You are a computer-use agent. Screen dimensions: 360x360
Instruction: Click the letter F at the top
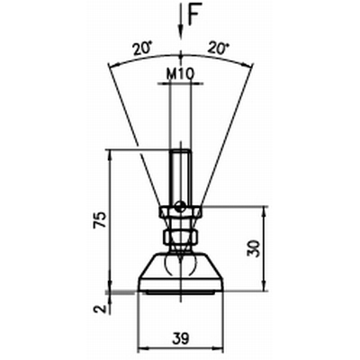point(193,15)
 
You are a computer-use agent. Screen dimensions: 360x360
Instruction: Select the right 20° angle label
point(218,48)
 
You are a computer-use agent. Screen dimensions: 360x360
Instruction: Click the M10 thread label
point(180,74)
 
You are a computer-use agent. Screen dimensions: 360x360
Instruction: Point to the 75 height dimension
point(100,220)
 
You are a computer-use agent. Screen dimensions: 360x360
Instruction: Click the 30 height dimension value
point(253,248)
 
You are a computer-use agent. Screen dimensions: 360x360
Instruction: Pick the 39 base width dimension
point(181,338)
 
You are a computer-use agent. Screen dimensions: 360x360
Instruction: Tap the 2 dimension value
point(101,308)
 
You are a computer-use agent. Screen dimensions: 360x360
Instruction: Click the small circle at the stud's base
point(180,206)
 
